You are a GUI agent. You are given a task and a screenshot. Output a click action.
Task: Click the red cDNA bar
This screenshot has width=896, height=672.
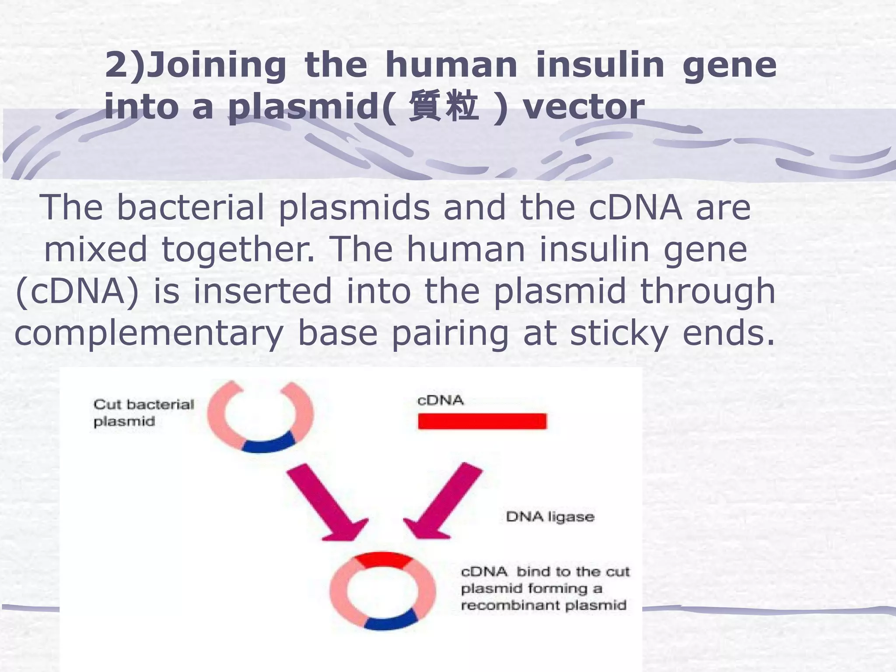coord(482,421)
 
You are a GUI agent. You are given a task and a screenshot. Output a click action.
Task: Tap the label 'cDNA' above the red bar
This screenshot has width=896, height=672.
coord(440,400)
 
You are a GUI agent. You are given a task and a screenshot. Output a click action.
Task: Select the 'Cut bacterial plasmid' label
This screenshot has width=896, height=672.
coord(143,412)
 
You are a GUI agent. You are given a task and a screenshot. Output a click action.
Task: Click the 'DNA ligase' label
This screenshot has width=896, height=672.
coord(550,517)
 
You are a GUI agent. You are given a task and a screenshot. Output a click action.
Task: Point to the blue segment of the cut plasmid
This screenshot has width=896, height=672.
coord(268,443)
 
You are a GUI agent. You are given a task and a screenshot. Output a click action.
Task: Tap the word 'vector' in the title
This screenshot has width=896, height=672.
coord(584,107)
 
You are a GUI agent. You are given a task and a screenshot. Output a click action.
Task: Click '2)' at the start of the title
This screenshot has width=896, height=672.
coord(124,65)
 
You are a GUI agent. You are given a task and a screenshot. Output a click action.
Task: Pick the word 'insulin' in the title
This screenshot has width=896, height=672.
coord(600,65)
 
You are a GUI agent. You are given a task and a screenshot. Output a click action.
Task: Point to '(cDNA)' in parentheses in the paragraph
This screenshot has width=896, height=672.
coord(77,291)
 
